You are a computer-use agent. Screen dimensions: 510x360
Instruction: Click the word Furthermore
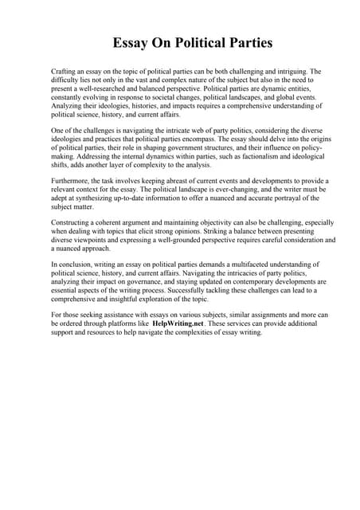pos(72,181)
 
